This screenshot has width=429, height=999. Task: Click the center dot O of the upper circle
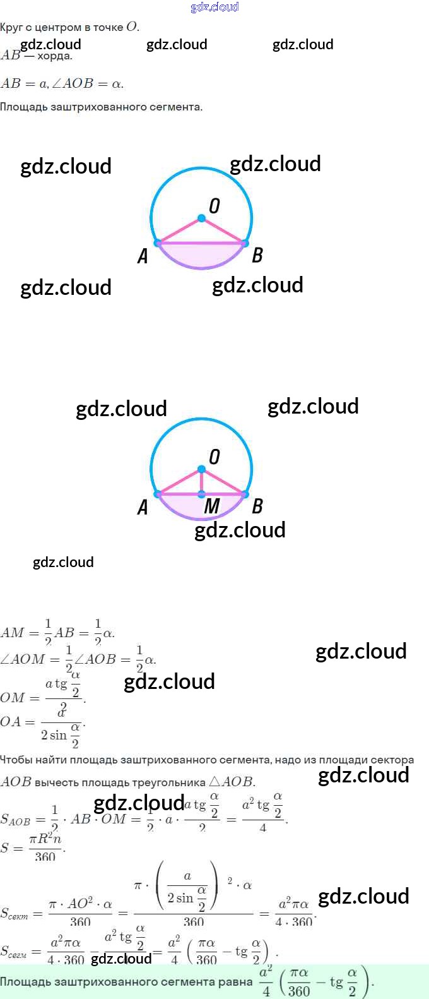click(x=201, y=218)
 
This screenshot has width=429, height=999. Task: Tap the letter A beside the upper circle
click(x=143, y=256)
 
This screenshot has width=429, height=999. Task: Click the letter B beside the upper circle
click(x=257, y=255)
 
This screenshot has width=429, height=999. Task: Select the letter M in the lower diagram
click(x=212, y=506)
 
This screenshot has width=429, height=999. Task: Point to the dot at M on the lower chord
click(x=201, y=494)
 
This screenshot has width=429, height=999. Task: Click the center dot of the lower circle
click(x=201, y=469)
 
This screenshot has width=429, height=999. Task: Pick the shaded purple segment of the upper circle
click(x=201, y=256)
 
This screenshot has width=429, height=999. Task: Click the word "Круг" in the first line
click(x=11, y=27)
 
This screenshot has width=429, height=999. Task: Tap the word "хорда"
click(x=55, y=56)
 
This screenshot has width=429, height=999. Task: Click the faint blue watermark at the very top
click(x=214, y=7)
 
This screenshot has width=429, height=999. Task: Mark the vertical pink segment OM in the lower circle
click(x=201, y=482)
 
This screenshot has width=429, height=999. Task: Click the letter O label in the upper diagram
click(x=214, y=206)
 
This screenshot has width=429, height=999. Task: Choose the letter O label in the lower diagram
click(x=214, y=457)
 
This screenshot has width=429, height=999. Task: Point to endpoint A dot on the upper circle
click(x=158, y=242)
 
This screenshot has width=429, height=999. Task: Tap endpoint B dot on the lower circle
click(x=245, y=494)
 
